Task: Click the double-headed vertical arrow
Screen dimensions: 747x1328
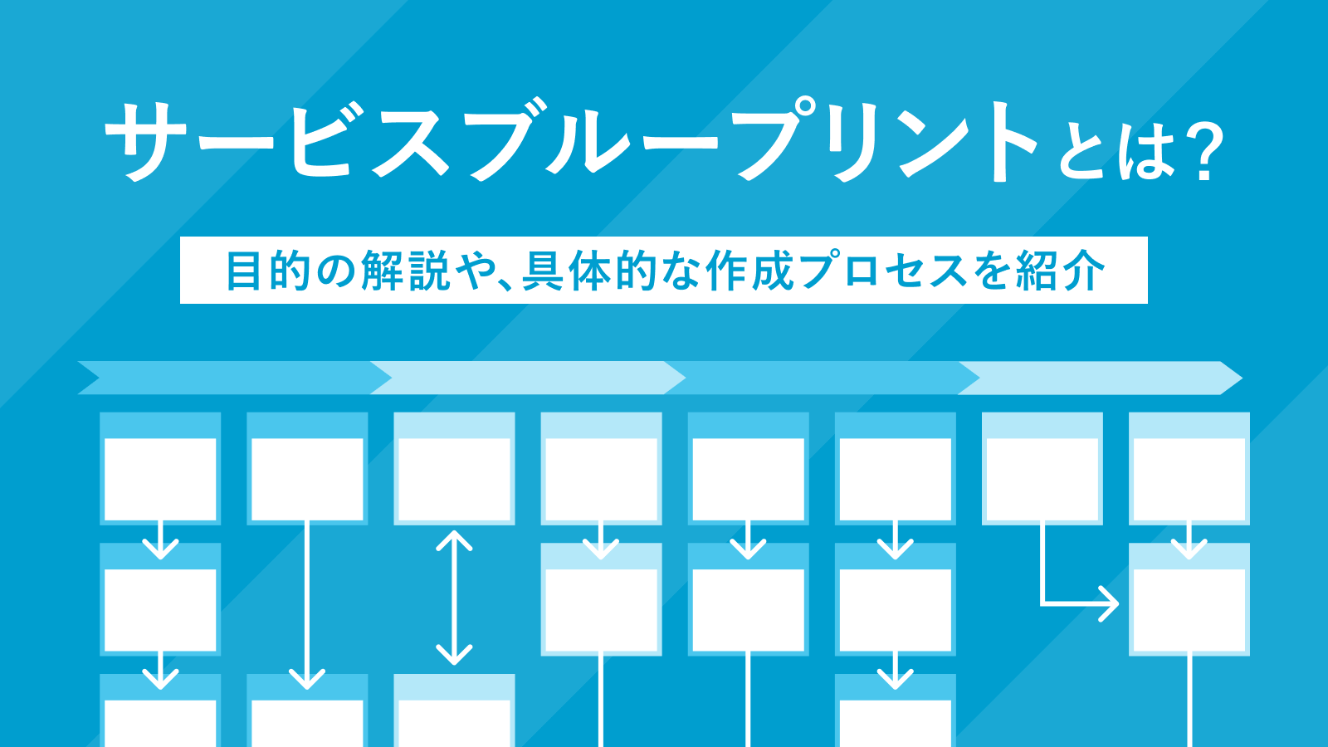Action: [454, 598]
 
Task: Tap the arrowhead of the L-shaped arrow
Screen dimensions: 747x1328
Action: [1111, 603]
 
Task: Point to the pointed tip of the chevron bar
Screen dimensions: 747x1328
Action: [1240, 378]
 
